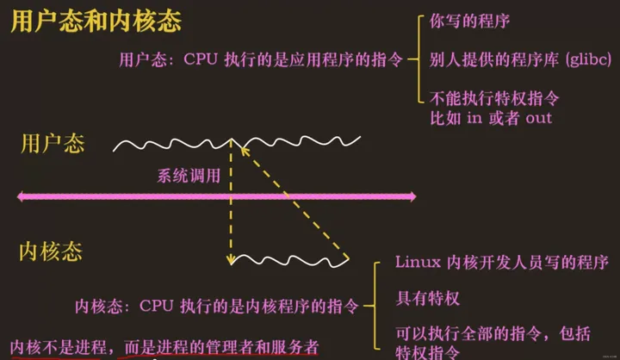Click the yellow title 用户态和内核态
click(x=96, y=22)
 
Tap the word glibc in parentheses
click(x=588, y=59)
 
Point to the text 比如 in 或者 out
click(x=491, y=117)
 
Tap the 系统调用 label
click(x=189, y=177)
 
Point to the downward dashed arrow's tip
click(x=231, y=262)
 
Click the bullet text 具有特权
click(x=428, y=299)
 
